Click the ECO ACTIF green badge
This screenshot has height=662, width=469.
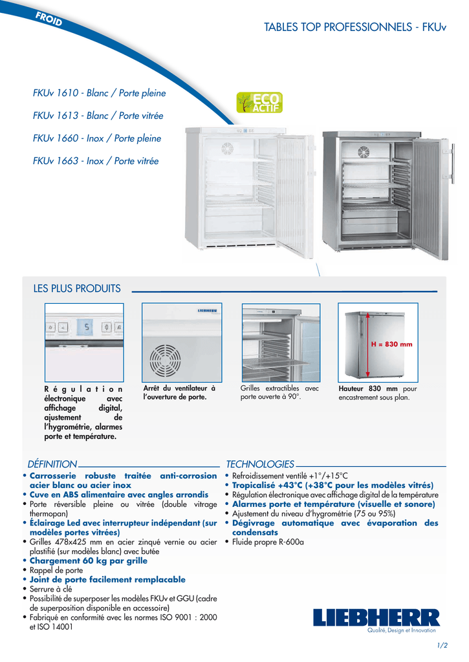(259, 103)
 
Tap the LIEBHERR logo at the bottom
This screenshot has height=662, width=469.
(376, 617)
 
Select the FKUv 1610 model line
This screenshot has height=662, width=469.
(99, 93)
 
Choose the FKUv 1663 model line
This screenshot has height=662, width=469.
(96, 161)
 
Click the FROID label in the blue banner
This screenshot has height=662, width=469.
(49, 19)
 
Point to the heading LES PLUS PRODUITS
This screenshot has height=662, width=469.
(77, 288)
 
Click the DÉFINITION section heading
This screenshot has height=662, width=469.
(52, 464)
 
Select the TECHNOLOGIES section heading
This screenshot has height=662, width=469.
(260, 464)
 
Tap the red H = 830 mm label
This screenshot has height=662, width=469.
(391, 344)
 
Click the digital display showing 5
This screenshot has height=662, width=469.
(86, 326)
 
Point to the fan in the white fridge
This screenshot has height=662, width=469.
(227, 148)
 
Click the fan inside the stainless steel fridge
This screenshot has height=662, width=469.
(364, 151)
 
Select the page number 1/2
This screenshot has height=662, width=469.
(442, 645)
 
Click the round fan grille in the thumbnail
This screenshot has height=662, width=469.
(165, 361)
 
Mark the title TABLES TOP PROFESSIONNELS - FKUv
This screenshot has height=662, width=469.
(355, 27)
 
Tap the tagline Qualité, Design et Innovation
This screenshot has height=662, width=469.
(401, 630)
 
